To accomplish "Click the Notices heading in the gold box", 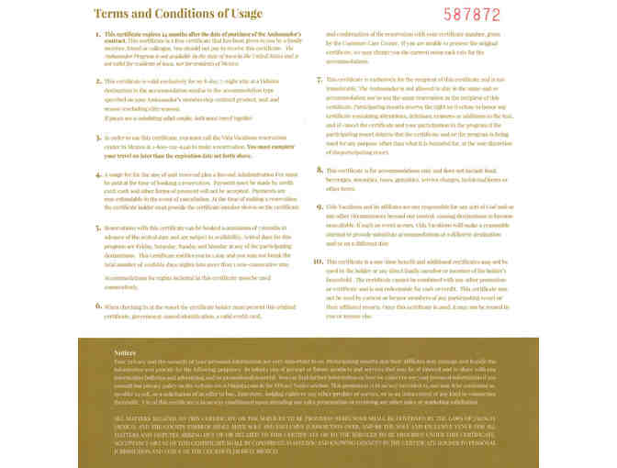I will pyautogui.click(x=126, y=352).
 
